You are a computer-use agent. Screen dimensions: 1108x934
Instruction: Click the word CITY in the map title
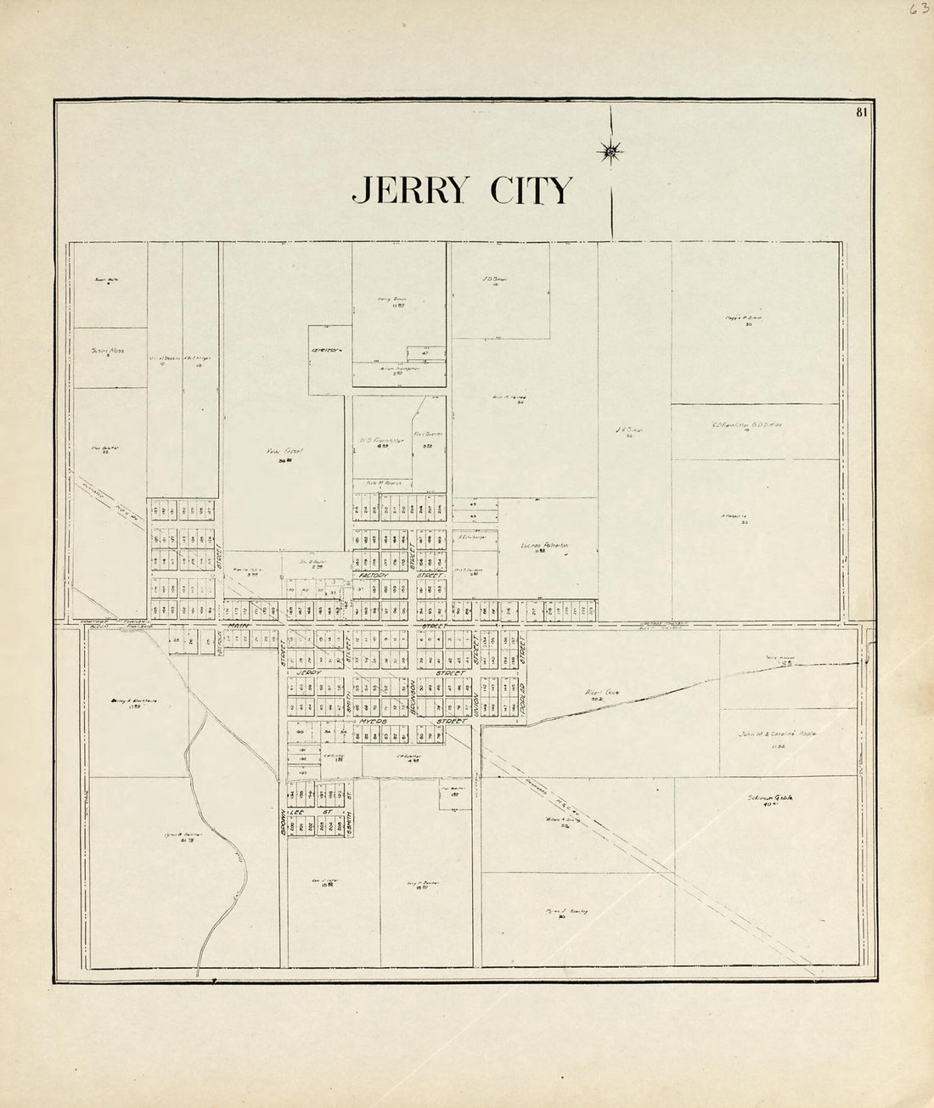[x=531, y=190]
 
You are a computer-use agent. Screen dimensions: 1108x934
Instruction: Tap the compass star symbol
[x=610, y=152]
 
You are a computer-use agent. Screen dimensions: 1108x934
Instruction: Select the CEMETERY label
[x=324, y=350]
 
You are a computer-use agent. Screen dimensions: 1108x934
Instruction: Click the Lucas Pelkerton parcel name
[x=543, y=546]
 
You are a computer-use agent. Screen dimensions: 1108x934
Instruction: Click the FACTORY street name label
[x=372, y=575]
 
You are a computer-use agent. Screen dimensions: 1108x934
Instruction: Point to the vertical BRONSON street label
[x=413, y=699]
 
